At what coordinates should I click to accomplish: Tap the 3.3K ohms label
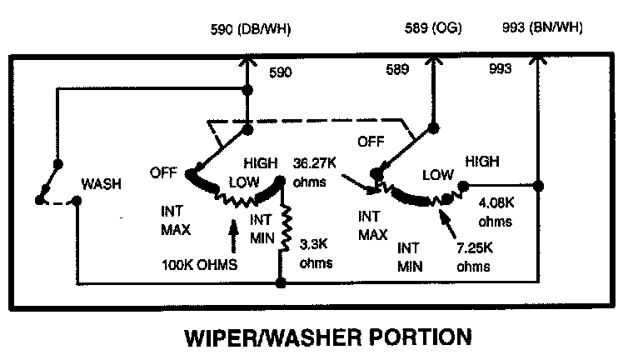[x=316, y=254]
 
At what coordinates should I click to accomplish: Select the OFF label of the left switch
[x=165, y=172]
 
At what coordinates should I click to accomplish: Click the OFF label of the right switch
[x=371, y=142]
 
